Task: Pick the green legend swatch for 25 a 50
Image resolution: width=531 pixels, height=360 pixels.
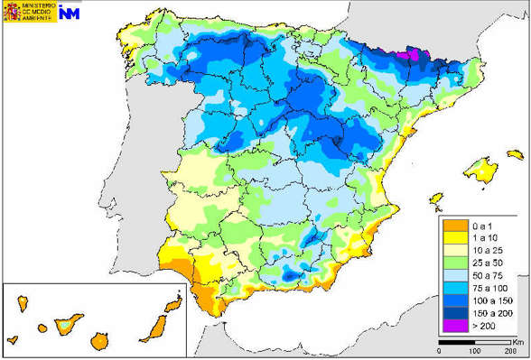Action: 452,261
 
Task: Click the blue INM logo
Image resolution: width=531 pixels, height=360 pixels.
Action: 72,15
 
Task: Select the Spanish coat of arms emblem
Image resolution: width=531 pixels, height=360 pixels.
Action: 13,14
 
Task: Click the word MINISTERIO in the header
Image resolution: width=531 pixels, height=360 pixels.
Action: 38,6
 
